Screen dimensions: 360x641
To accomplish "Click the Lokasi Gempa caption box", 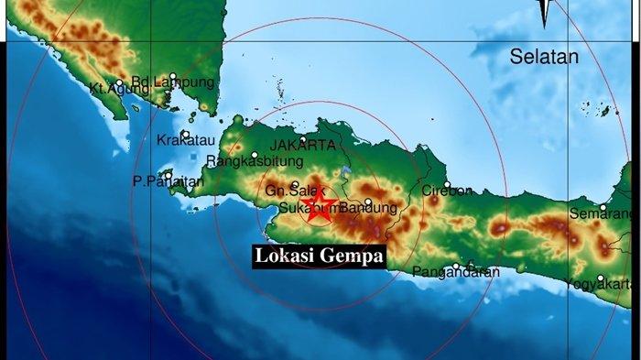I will point(319,256).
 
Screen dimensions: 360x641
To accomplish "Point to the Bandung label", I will point(372,209).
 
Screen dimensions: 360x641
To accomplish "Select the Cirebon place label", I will point(447,191).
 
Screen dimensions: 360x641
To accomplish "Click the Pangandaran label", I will point(455,272).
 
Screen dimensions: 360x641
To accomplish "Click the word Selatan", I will point(545,57).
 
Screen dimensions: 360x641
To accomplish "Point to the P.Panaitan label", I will point(168,182).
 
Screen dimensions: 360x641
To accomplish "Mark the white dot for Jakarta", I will point(303,139).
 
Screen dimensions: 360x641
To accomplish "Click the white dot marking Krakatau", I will point(185,134).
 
